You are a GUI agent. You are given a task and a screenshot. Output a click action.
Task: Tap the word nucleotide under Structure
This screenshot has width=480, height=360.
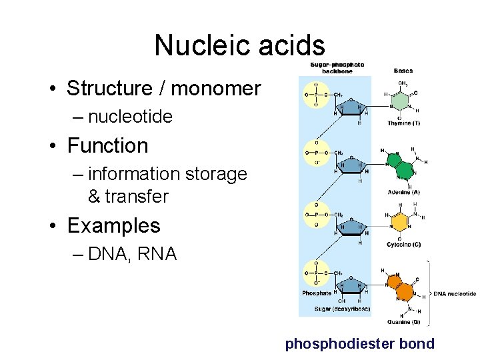pos(130,117)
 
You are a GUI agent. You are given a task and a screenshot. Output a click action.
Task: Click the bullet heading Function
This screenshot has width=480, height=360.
pos(107,145)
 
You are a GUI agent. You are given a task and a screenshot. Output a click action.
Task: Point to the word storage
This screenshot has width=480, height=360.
pos(215,175)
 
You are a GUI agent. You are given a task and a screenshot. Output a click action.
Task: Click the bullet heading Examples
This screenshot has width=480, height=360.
pos(113,226)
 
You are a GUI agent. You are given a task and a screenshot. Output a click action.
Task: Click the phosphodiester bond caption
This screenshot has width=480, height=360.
pos(359,345)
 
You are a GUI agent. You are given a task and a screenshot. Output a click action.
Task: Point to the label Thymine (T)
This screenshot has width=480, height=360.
pos(403,123)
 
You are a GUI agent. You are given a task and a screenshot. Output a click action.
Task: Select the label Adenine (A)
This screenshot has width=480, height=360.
pos(403,193)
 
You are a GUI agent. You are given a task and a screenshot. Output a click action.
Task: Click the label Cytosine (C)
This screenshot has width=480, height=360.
pos(403,245)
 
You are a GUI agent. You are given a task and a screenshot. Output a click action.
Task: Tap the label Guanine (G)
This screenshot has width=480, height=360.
pos(403,323)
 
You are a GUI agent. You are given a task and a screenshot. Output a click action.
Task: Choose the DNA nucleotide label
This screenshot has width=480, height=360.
pos(455,293)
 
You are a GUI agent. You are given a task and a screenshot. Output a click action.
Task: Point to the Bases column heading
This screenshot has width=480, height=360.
pos(403,70)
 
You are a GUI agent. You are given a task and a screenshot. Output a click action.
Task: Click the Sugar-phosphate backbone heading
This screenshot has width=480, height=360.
pos(337,67)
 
